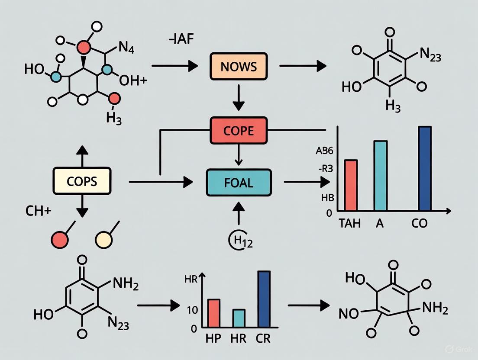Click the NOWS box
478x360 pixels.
239,67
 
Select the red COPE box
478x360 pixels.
239,130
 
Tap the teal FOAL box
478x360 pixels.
239,182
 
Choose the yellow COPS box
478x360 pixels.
82,181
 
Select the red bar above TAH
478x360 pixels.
351,185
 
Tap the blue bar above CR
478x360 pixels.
264,299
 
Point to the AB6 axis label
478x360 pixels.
325,151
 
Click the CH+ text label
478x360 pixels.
38,212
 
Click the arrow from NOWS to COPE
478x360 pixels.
239,98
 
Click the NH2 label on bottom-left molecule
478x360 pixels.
126,285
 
